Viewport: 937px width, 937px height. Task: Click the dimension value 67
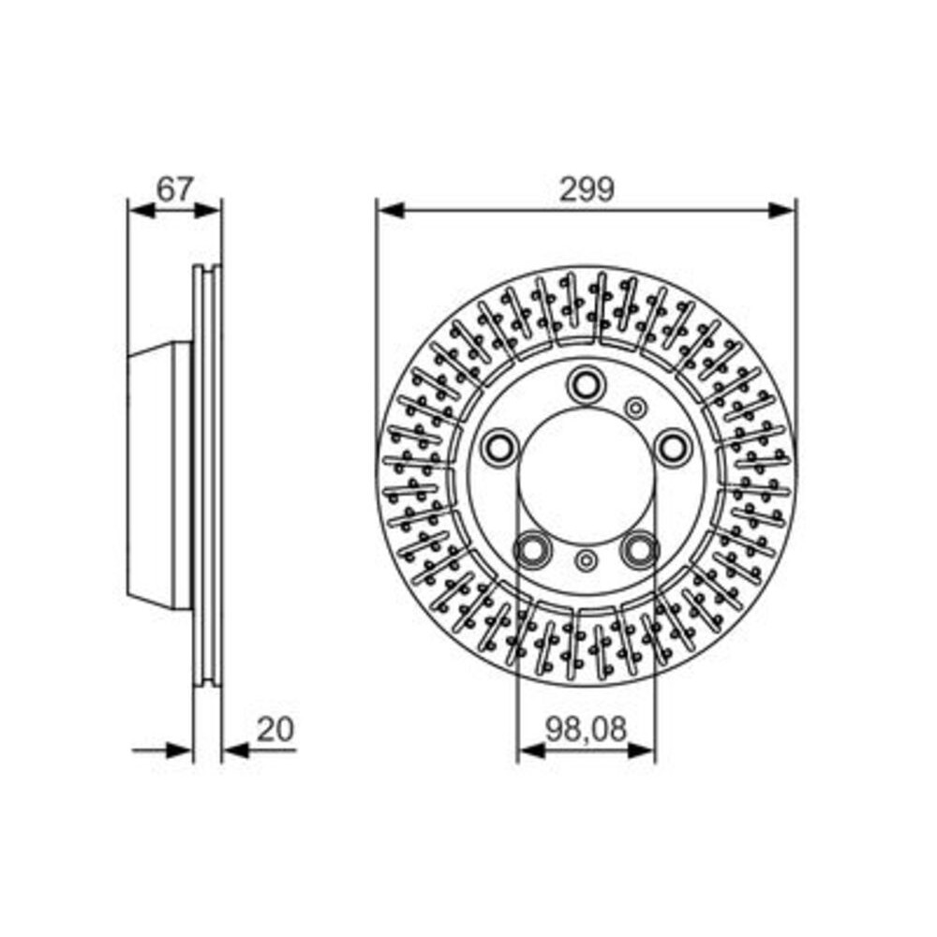(x=176, y=189)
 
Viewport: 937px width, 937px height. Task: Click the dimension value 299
(x=587, y=189)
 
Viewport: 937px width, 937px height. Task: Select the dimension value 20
(x=275, y=730)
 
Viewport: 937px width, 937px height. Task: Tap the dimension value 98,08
(x=586, y=730)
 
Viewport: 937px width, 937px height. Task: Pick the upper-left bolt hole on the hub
(x=499, y=447)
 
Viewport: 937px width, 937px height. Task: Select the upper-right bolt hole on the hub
(x=672, y=446)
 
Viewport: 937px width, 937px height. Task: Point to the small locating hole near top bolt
(x=636, y=409)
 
